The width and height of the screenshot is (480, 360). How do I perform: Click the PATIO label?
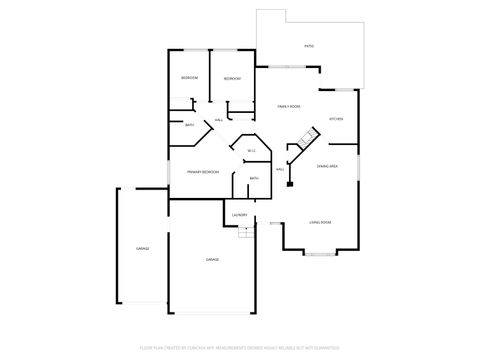tap(309, 46)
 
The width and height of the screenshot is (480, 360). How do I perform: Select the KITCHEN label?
tap(336, 119)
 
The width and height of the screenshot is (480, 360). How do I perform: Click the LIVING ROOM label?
tap(320, 222)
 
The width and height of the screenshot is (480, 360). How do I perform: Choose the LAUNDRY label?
tap(239, 214)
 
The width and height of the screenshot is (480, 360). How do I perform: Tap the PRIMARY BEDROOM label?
tap(203, 172)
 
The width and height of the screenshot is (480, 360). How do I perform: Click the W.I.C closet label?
tap(252, 151)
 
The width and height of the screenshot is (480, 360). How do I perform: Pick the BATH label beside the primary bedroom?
tap(254, 178)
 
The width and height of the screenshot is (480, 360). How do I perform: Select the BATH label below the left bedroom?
tap(190, 125)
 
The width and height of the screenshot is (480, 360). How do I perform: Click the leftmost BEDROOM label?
tap(189, 78)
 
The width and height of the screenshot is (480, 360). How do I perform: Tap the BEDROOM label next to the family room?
tap(231, 78)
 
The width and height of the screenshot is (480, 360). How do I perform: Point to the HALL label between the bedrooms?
tap(218, 120)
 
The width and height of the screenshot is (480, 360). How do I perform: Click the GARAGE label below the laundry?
tap(212, 259)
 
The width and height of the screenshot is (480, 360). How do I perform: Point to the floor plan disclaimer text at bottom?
tap(240, 349)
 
